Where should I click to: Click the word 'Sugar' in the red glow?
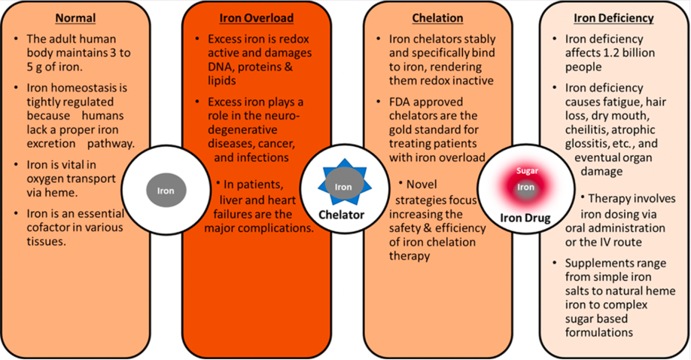pyautogui.click(x=527, y=171)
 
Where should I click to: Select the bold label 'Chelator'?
pyautogui.click(x=342, y=215)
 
